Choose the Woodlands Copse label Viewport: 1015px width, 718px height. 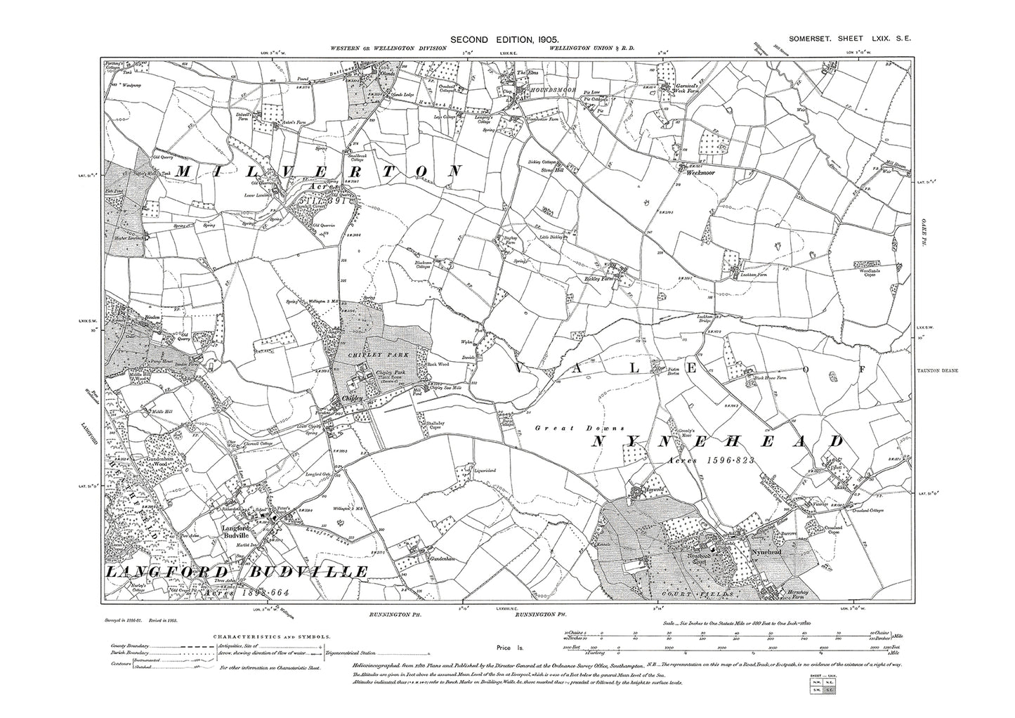click(873, 271)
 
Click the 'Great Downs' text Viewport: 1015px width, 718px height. click(560, 427)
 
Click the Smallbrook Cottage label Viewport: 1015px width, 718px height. click(360, 152)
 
